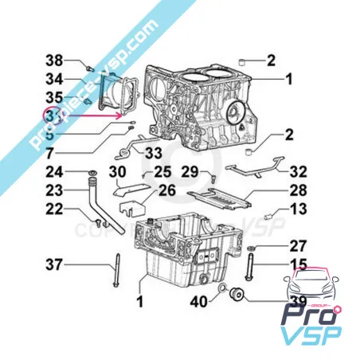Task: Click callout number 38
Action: pyautogui.click(x=53, y=61)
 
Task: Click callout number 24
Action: pyautogui.click(x=53, y=171)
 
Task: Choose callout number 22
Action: pyautogui.click(x=53, y=209)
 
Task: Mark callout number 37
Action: pyautogui.click(x=53, y=264)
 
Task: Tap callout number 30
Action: pyautogui.click(x=117, y=172)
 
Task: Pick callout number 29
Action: pyautogui.click(x=190, y=172)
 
